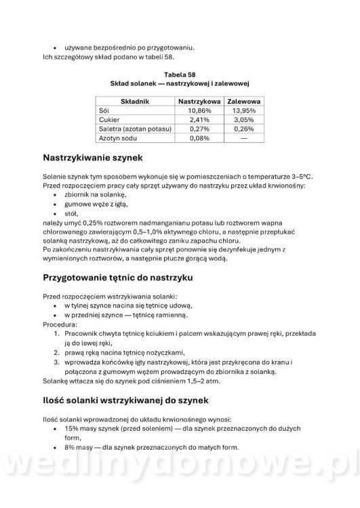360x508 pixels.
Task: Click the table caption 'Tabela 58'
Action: click(x=180, y=72)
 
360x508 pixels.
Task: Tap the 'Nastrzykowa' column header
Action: click(x=199, y=100)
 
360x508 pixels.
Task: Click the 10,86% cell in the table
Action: click(x=199, y=110)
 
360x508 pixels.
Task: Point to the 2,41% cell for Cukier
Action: click(x=199, y=119)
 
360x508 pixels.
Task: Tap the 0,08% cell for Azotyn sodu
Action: click(x=199, y=138)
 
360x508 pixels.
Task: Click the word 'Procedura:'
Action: click(x=60, y=324)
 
